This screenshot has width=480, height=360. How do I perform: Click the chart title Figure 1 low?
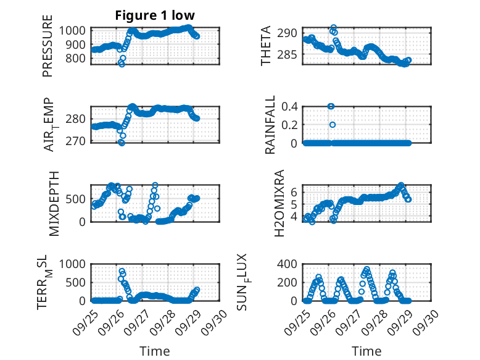(x=155, y=15)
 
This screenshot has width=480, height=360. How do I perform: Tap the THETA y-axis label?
(x=266, y=46)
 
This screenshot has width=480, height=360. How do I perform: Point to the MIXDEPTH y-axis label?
(x=54, y=203)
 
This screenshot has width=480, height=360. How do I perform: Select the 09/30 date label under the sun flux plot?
(x=428, y=322)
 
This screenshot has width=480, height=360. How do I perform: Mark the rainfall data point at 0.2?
(x=332, y=125)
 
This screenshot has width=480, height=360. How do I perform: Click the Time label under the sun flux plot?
(x=366, y=351)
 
